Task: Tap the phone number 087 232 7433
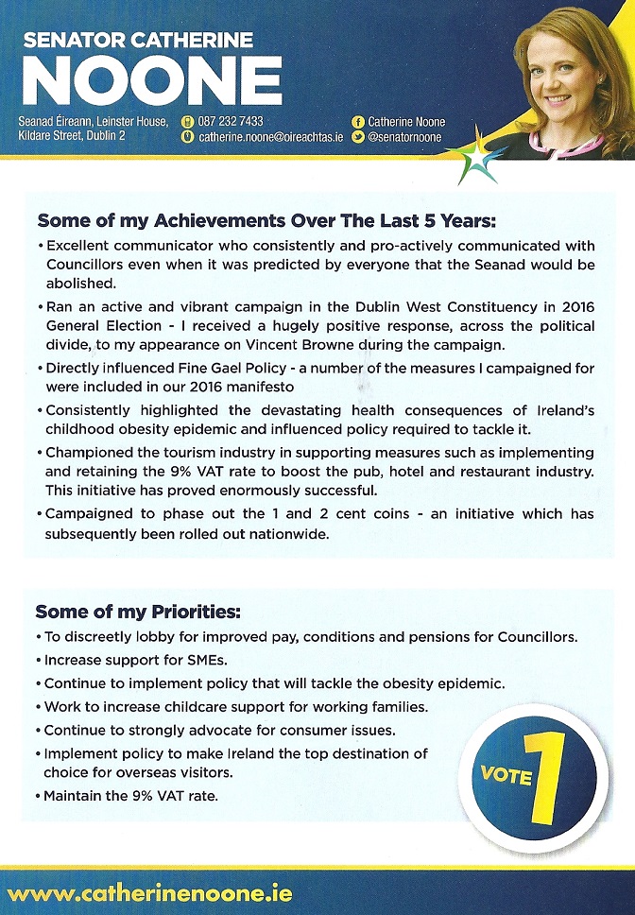tap(231, 121)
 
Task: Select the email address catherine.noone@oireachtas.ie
tap(270, 138)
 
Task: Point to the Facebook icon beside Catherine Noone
tap(357, 122)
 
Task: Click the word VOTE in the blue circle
tap(506, 774)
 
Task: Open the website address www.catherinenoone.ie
tap(149, 892)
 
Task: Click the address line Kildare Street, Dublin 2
tap(72, 137)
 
